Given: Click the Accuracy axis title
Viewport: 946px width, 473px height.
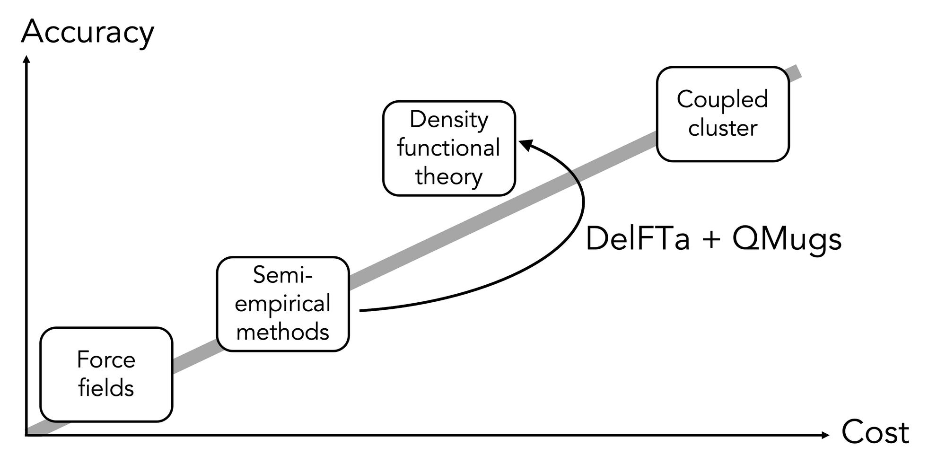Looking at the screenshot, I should [x=88, y=32].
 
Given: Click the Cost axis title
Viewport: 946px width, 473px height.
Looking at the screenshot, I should [x=875, y=432].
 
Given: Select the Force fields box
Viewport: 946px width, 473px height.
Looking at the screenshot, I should [x=106, y=374].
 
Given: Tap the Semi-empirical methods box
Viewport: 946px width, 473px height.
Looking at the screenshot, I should [x=283, y=304].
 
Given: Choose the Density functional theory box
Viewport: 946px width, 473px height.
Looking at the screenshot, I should [x=449, y=148].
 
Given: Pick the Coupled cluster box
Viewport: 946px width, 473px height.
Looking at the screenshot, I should [x=723, y=114].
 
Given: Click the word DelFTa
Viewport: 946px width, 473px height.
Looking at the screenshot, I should [x=638, y=239].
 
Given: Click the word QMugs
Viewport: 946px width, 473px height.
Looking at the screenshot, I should [x=787, y=239].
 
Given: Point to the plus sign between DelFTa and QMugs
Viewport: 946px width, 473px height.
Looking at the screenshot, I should [x=711, y=239].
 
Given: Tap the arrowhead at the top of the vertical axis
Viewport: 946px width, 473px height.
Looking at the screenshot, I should [x=27, y=60].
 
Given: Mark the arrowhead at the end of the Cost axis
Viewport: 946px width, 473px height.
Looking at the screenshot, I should [x=826, y=435].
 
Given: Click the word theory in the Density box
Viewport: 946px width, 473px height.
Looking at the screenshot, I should [x=449, y=177].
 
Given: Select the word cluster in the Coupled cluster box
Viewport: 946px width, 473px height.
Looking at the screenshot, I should [x=723, y=128].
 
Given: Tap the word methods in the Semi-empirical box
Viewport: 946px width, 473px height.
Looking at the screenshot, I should [x=283, y=332].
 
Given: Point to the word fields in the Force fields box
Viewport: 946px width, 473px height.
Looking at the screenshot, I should [x=106, y=388].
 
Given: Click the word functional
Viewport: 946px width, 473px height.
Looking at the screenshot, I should [x=449, y=148].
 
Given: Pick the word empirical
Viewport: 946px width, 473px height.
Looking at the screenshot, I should [x=283, y=304].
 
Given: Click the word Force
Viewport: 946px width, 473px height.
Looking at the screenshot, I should [x=106, y=360].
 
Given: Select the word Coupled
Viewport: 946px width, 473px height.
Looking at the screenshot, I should [x=722, y=100].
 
